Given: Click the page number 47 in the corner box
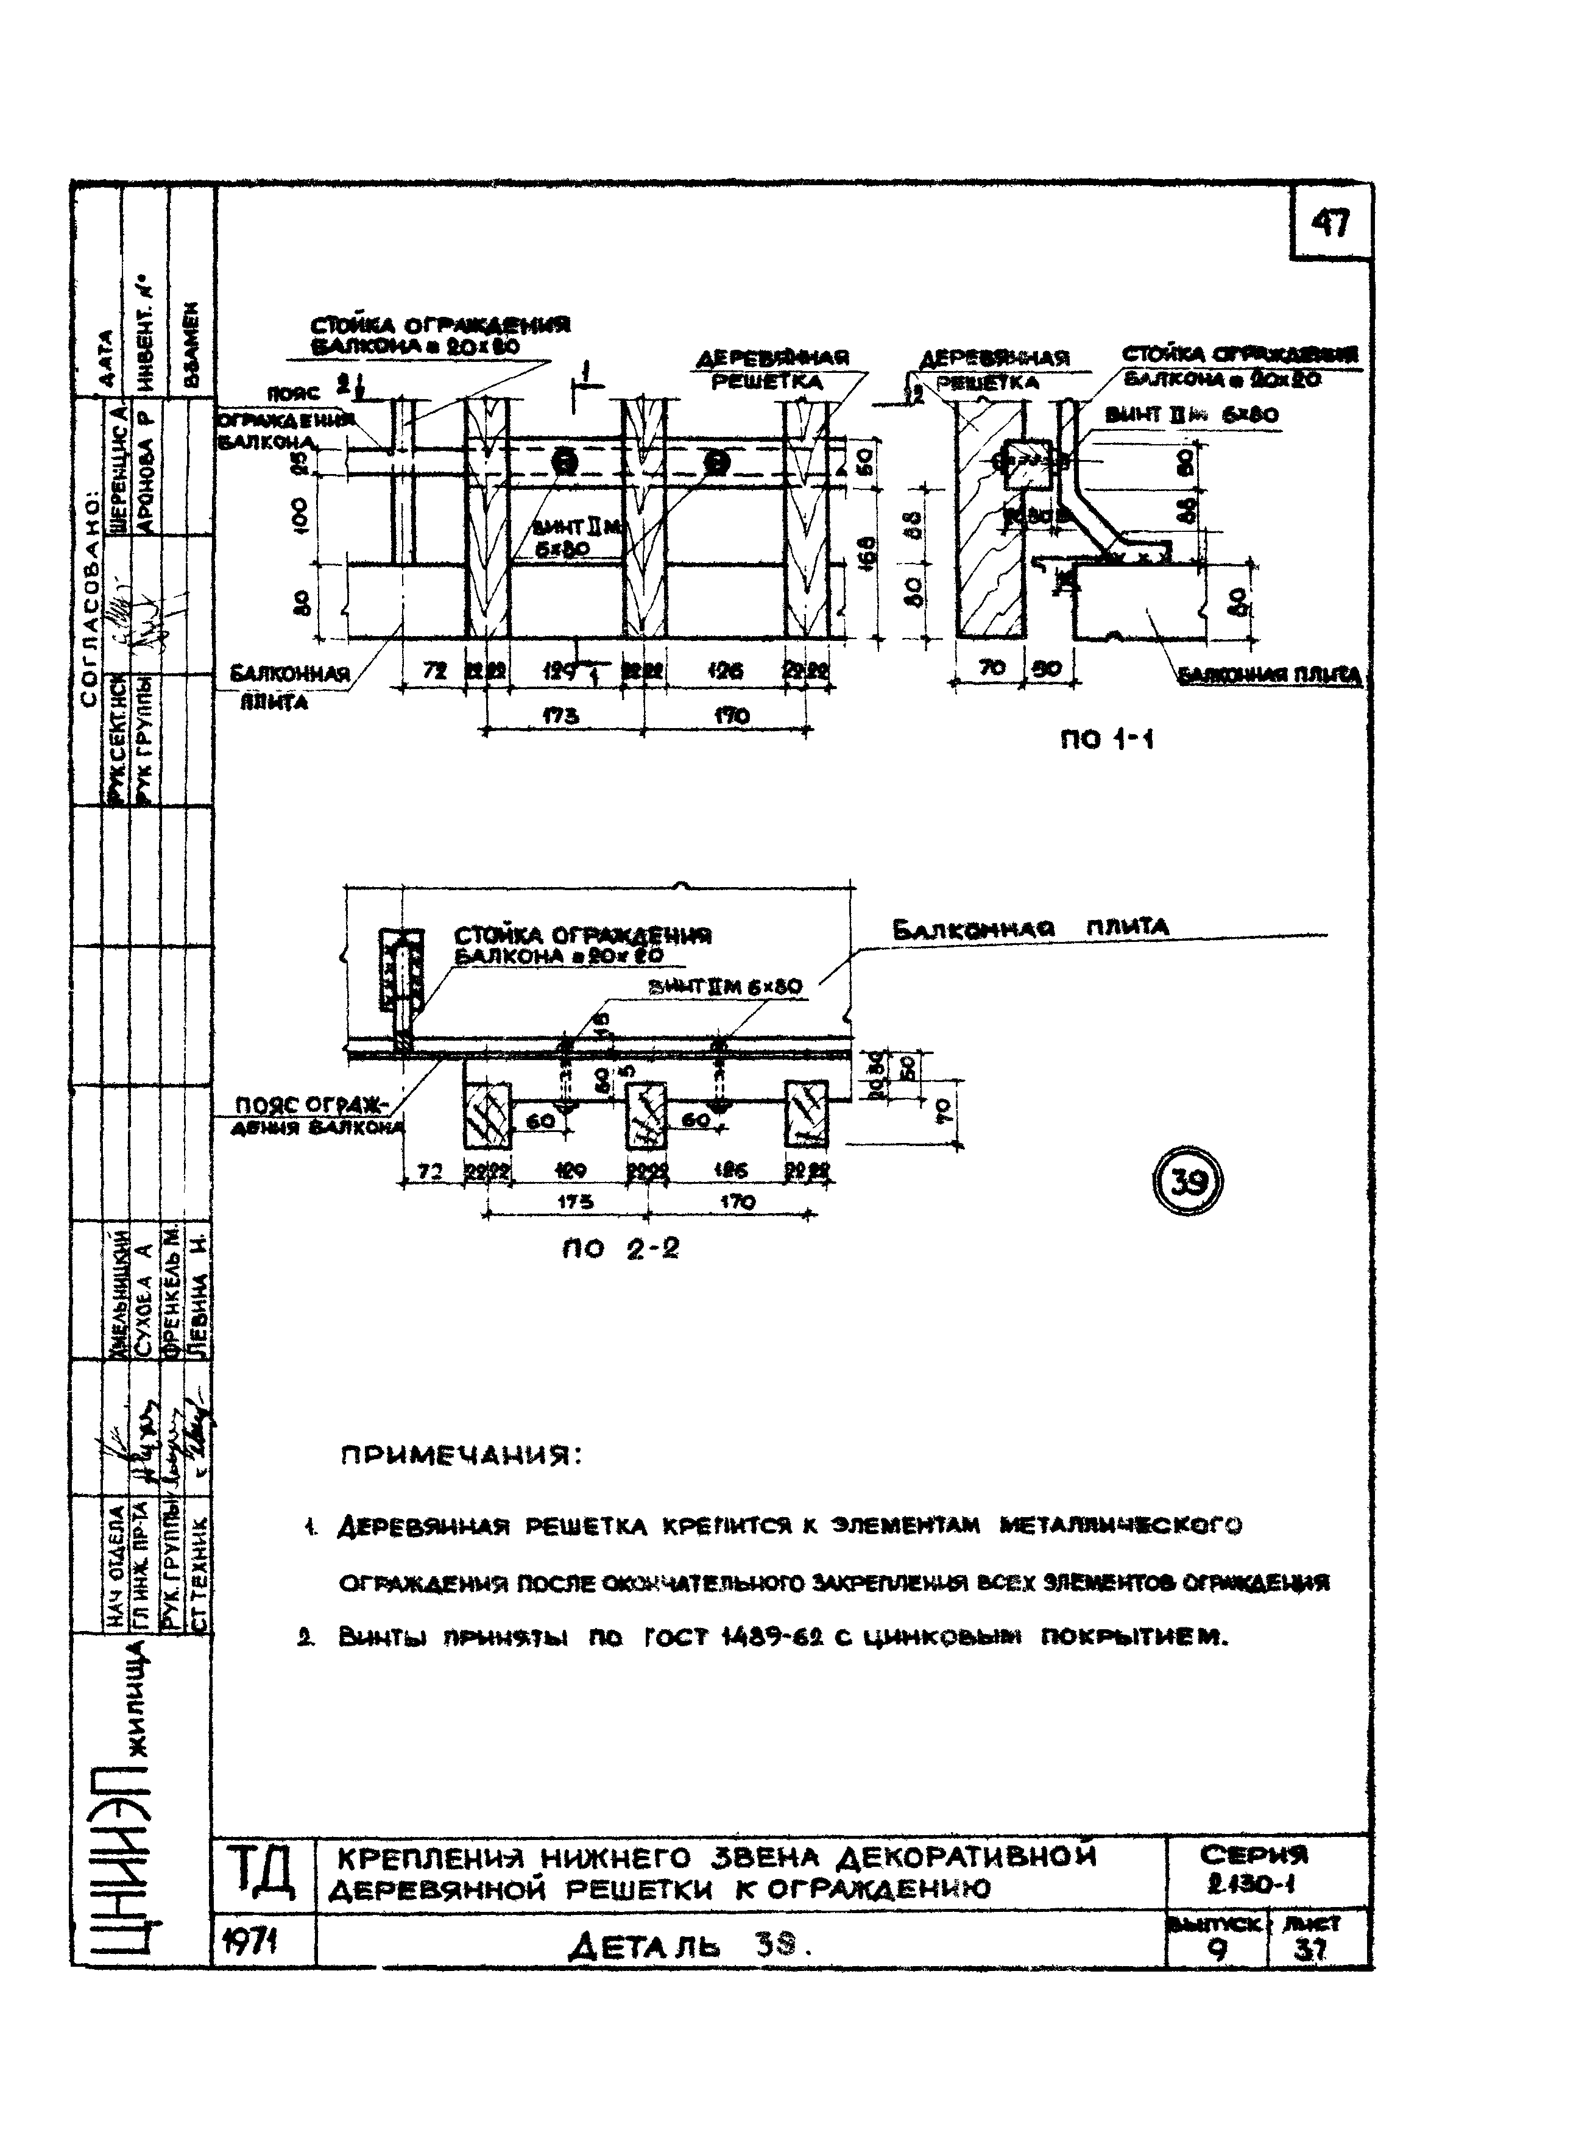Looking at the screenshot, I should coord(1330,224).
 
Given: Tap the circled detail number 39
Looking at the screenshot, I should coord(1188,1184).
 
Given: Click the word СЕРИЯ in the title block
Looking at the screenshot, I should coord(1254,1855).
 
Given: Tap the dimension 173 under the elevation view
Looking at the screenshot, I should coord(564,715).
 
